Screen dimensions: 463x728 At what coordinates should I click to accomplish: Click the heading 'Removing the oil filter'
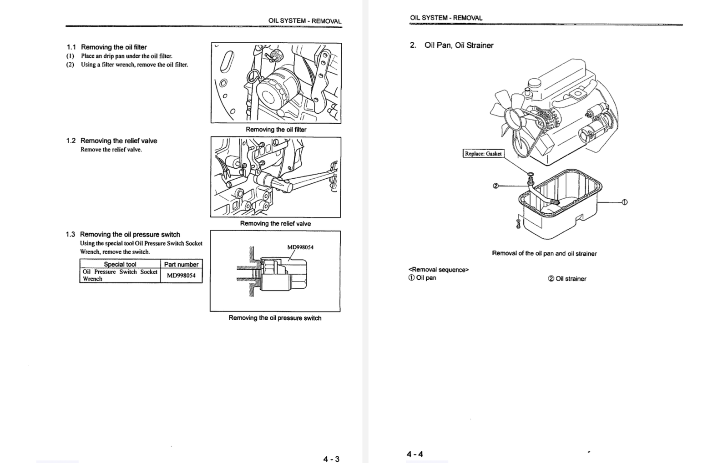pos(114,47)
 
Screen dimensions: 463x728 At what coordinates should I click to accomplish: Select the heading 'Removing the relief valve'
pos(118,141)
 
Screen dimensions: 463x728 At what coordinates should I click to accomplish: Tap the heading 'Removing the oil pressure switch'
pos(130,234)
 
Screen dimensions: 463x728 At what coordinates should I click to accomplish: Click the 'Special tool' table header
pos(120,264)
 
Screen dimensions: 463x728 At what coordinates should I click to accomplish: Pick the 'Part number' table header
pos(181,264)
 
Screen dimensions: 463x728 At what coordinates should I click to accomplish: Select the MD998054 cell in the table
pos(181,275)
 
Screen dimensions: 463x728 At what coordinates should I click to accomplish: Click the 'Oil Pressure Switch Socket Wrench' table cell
pos(120,275)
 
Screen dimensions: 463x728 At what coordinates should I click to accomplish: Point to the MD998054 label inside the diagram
pos(300,247)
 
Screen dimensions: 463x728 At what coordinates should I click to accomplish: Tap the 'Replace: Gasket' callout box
pos(483,154)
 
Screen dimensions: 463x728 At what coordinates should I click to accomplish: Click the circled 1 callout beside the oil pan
pos(624,202)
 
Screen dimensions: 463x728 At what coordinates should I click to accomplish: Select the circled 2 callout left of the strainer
pos(496,185)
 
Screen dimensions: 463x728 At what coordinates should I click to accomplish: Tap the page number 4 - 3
pos(331,458)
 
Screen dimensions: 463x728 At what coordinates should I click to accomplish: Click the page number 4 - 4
pos(415,454)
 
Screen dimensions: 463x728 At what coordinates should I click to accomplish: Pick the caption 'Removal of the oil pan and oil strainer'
pos(544,253)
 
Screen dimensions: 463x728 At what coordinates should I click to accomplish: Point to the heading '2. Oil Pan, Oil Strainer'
pos(451,45)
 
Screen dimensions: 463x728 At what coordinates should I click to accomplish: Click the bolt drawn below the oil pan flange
pos(518,223)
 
